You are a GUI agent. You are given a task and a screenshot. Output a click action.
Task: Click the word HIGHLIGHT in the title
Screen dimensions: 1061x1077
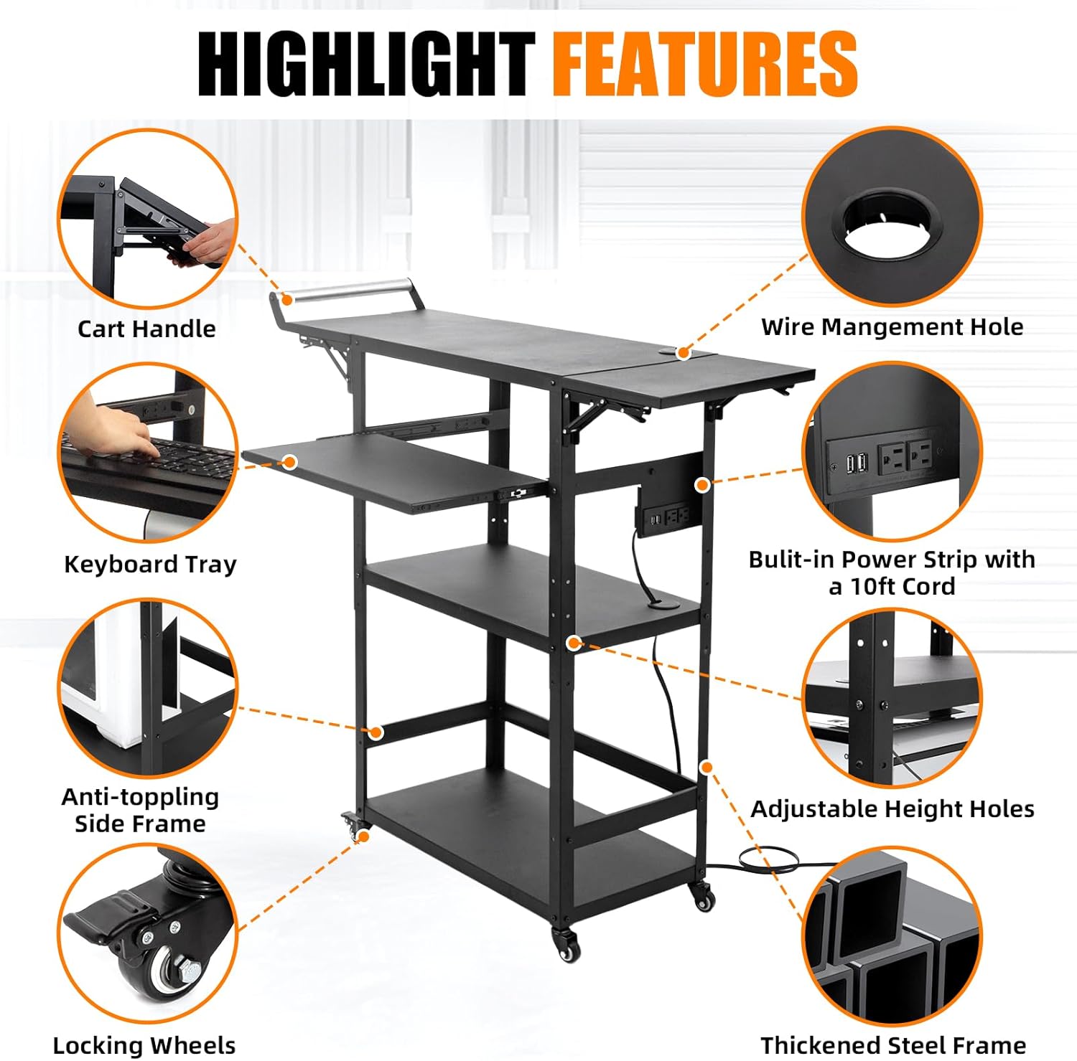[366, 65]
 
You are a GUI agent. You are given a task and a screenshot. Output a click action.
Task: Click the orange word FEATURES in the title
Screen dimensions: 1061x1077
[704, 65]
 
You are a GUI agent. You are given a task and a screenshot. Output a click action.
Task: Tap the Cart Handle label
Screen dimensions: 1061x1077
[146, 329]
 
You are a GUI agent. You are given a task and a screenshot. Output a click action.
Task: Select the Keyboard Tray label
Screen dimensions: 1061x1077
[150, 564]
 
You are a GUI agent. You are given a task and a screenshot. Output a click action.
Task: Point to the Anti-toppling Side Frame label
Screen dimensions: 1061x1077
[140, 810]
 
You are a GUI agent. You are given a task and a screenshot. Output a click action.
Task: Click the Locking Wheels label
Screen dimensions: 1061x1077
[144, 1045]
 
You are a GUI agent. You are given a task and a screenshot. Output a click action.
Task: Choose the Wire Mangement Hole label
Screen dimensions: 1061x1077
[892, 326]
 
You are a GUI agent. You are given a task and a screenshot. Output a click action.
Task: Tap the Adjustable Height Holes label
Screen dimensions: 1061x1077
[892, 808]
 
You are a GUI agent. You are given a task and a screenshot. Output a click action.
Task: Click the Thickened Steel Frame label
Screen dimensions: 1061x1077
[892, 1045]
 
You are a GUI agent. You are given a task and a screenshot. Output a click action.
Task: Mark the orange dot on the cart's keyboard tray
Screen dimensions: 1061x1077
[290, 462]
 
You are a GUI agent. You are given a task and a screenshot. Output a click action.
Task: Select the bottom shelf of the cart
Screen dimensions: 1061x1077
[531, 839]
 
